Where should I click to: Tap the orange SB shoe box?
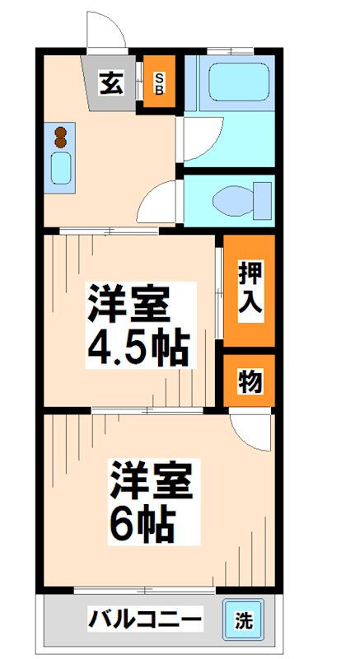coord(158,83)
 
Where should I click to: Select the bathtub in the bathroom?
coord(239,82)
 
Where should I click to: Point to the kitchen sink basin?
coord(63,169)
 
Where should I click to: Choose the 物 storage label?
coord(250,381)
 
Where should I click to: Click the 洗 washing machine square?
coord(243,619)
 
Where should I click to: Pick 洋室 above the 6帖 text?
coord(152,482)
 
